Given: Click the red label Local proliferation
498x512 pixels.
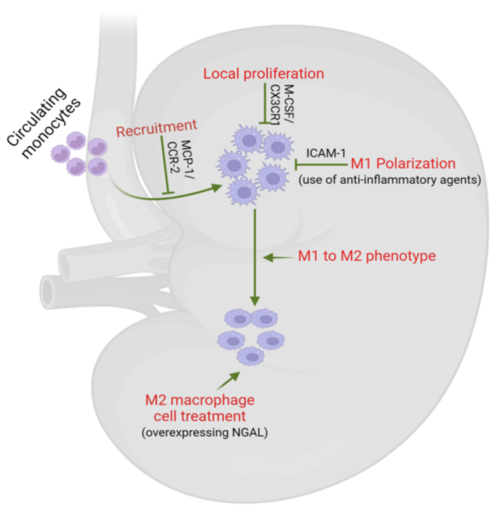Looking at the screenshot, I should point(264,74).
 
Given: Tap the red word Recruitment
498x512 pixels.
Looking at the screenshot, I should point(156,128).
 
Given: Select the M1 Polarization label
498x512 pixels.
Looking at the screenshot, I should point(403,164).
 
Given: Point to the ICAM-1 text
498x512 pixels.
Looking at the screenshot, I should point(326,153).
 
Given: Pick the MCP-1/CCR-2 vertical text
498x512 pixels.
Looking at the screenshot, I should point(180,157).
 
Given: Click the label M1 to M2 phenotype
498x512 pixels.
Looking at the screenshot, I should point(367,256).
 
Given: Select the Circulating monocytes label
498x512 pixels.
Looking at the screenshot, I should point(43,123).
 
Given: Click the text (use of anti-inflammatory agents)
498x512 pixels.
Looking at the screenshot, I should point(390,180).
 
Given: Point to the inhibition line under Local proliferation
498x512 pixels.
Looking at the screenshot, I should point(265,103).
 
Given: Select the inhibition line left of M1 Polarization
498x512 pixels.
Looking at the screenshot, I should point(320,165).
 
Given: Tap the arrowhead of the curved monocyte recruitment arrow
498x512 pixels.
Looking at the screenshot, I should point(217,187).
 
